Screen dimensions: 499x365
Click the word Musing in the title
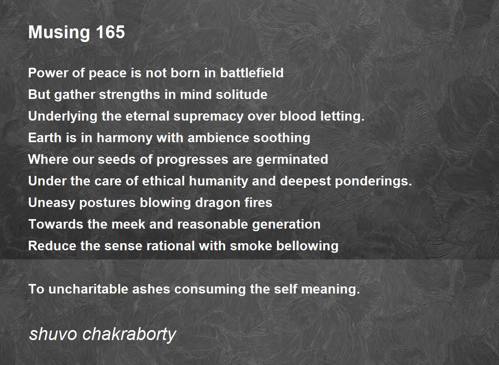pyautogui.click(x=59, y=33)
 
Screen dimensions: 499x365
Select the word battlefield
pyautogui.click(x=252, y=73)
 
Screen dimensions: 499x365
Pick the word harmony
pyautogui.click(x=124, y=138)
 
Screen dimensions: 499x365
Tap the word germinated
pyautogui.click(x=292, y=160)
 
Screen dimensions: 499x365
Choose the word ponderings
pyautogui.click(x=373, y=181)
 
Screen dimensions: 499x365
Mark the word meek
pyautogui.click(x=128, y=224)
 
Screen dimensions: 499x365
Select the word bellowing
pyautogui.click(x=307, y=246)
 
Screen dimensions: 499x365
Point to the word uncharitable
pyautogui.click(x=88, y=289)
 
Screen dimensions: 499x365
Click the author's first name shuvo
pyautogui.click(x=53, y=334)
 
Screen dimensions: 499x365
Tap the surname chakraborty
pyautogui.click(x=129, y=335)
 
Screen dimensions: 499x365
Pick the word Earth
pyautogui.click(x=45, y=138)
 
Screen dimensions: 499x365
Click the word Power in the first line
pyautogui.click(x=48, y=73)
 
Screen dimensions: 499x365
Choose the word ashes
pyautogui.click(x=151, y=289)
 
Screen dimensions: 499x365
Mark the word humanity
pyautogui.click(x=218, y=181)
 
